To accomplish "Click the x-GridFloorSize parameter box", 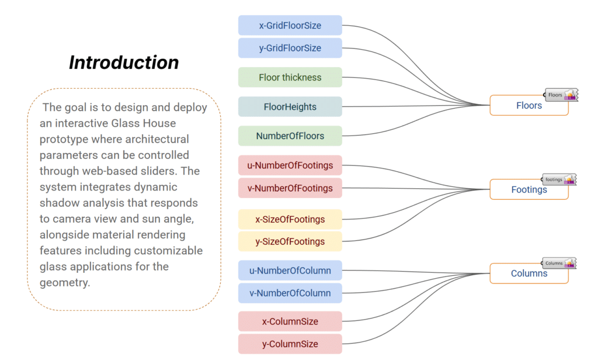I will pos(290,26).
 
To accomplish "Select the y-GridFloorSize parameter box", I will pos(290,48).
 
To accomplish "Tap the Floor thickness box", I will pos(290,77).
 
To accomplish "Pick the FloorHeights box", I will pos(290,107).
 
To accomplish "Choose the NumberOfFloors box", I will pos(290,136).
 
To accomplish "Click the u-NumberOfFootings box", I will pos(290,165).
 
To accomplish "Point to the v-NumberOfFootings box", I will pos(290,188).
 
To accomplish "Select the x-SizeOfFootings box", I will pos(290,219).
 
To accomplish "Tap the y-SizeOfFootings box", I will pos(290,241).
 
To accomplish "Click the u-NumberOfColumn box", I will pos(290,271).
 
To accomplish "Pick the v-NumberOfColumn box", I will pos(290,293).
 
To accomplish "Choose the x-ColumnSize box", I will pos(290,321).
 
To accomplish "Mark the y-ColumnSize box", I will pos(290,344).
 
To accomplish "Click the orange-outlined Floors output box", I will pos(529,106).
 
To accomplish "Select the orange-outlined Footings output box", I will pos(529,189).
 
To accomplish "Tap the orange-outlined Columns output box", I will pos(529,274).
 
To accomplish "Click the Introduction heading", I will pos(124,63).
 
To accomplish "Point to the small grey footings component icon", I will pos(559,179).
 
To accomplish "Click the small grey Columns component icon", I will pos(559,263).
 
